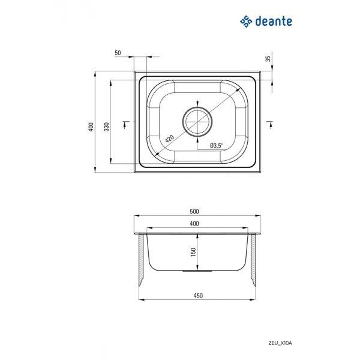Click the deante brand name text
(274, 22)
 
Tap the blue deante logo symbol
(246, 22)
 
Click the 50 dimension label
(118, 53)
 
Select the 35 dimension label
(268, 59)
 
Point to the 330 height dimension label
(107, 127)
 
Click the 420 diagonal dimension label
(170, 139)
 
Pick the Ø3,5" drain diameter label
(217, 145)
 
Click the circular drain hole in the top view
(197, 122)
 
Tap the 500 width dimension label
(194, 211)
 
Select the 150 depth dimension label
(193, 252)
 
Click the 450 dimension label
(198, 295)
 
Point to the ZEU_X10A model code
(280, 343)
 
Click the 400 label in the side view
(194, 223)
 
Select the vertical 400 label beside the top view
(91, 127)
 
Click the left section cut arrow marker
(125, 124)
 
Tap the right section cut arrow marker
(271, 125)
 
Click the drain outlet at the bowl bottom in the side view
(197, 271)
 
